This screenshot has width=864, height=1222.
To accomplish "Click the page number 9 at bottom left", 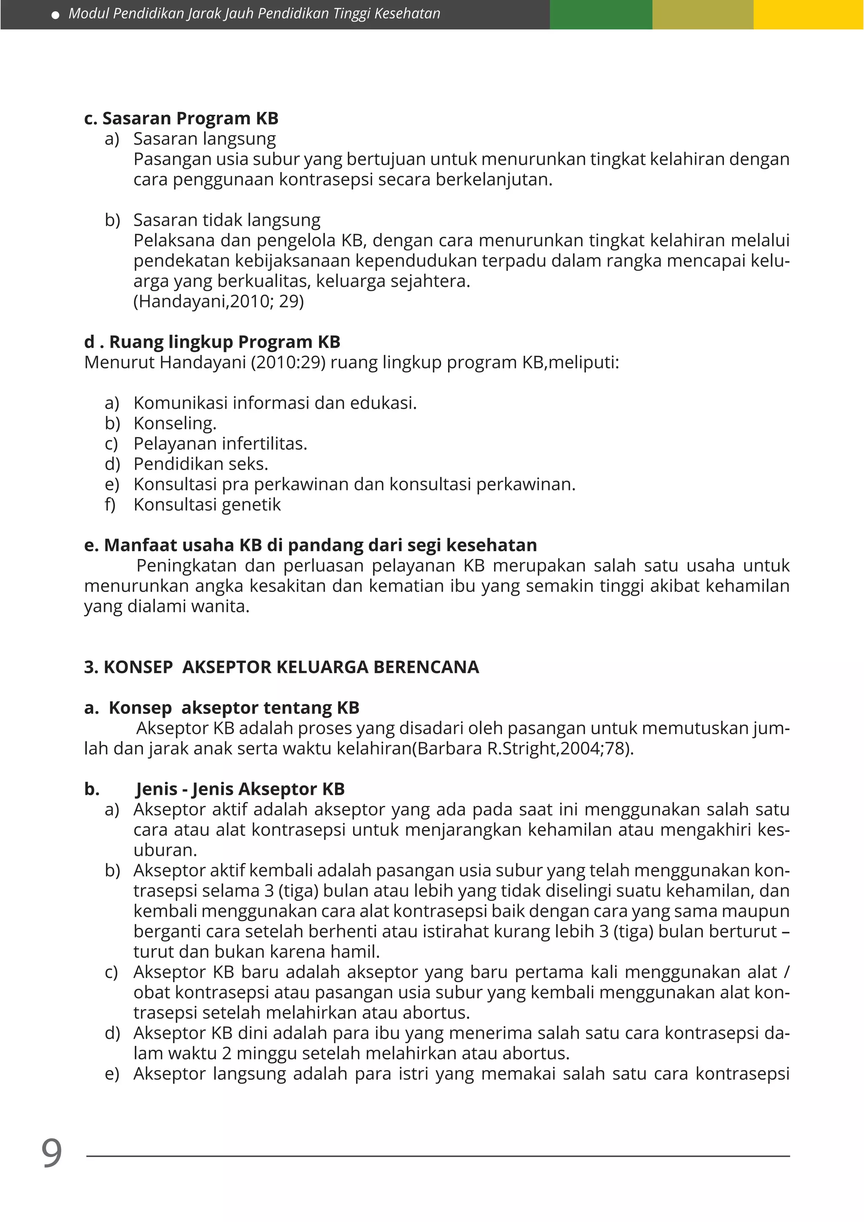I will pyautogui.click(x=51, y=1153).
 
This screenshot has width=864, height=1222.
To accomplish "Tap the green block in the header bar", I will pyautogui.click(x=601, y=14).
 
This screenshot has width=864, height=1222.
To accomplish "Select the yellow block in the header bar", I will pyautogui.click(x=808, y=14).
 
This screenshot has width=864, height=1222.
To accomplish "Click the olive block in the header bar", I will pyautogui.click(x=702, y=14).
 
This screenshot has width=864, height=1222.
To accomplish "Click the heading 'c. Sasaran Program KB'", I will pyautogui.click(x=181, y=118).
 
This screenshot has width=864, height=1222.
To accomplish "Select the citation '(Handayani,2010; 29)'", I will pyautogui.click(x=218, y=301).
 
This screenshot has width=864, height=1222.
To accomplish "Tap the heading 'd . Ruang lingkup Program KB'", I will pyautogui.click(x=212, y=342).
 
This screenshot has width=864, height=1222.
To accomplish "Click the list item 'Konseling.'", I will pyautogui.click(x=175, y=423).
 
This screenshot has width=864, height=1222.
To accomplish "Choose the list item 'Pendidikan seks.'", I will pyautogui.click(x=200, y=464).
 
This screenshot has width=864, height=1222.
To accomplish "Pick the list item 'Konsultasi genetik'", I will pyautogui.click(x=207, y=505).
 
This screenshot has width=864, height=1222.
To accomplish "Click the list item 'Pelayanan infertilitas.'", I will pyautogui.click(x=220, y=444).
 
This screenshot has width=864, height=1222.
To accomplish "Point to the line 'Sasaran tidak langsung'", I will pyautogui.click(x=227, y=220).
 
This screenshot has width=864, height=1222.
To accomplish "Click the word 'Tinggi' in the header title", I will pyautogui.click(x=351, y=14).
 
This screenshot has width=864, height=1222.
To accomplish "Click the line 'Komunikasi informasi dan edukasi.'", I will pyautogui.click(x=275, y=403).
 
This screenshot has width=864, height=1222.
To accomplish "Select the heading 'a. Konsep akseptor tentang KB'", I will pyautogui.click(x=221, y=708).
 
